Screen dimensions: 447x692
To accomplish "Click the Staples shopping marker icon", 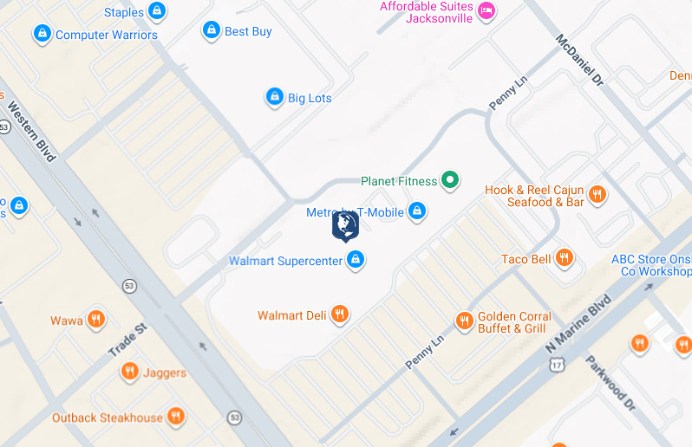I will coord(157,11).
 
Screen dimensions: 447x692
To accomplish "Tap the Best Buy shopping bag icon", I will coord(211,31).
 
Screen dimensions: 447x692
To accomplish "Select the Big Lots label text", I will coord(310,98).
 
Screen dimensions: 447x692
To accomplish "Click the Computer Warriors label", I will coord(107,36).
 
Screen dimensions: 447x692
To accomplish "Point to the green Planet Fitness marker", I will coord(449,180).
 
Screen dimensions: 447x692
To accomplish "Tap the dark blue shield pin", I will coord(345,226).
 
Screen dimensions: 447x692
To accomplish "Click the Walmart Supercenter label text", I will coord(285,261).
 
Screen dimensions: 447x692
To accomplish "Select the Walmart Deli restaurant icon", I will coord(340,314).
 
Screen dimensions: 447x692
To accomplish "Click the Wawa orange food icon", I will coord(95,320).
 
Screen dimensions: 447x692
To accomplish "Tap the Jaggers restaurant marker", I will coord(130,372).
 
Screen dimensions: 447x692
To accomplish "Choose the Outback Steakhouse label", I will coord(108,418).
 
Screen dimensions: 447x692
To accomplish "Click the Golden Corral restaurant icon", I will coord(464,321).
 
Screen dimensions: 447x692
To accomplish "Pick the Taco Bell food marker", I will coord(565,258).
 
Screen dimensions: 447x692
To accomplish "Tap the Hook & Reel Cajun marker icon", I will coord(597,195).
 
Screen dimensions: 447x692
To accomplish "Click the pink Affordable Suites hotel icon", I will coord(486,10).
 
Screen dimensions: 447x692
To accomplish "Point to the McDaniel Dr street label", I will coord(578,60).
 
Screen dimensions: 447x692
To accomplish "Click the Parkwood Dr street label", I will coord(610,380).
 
